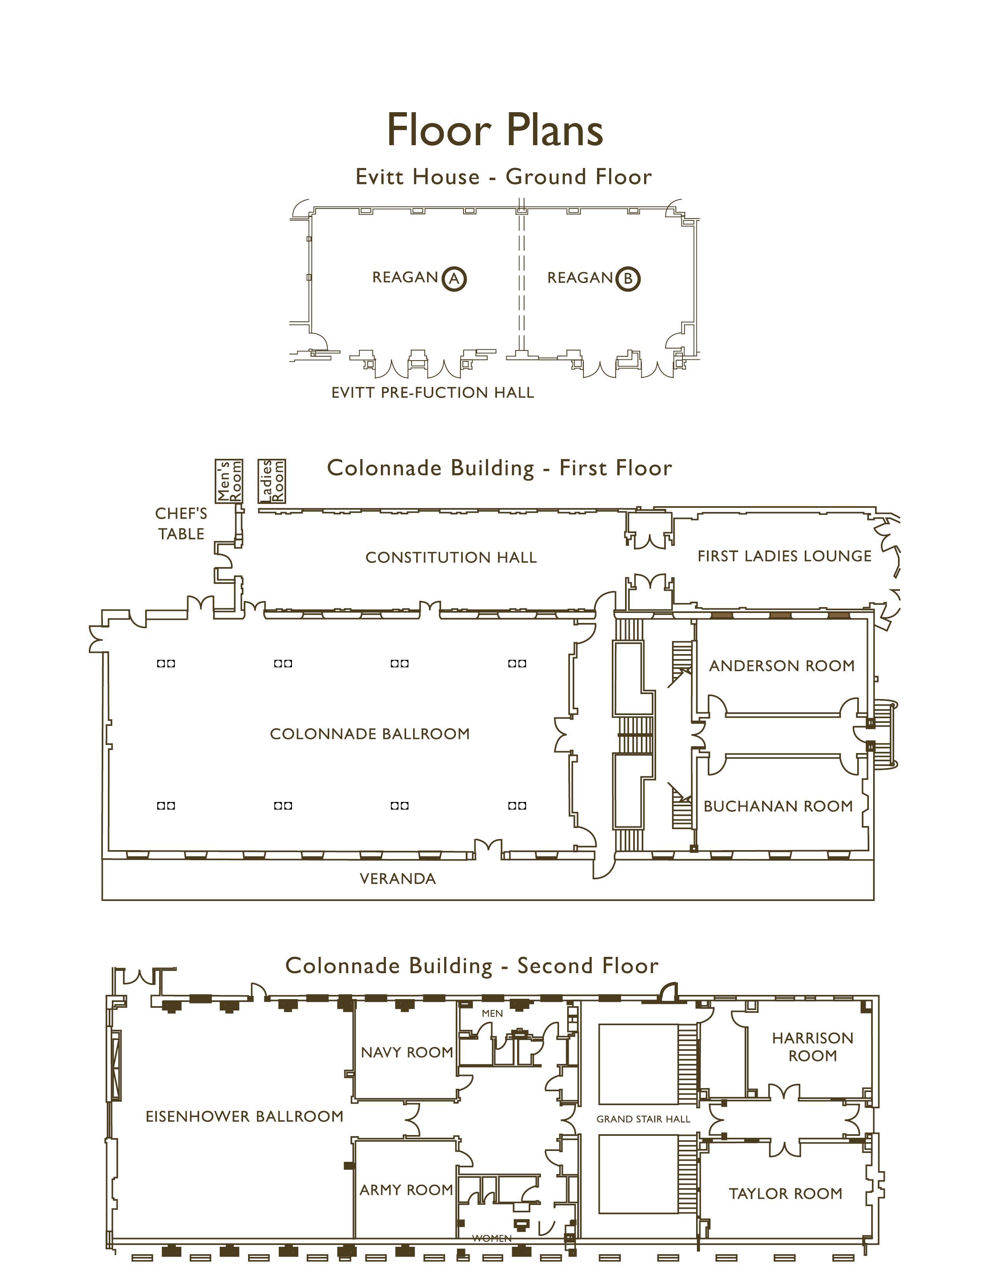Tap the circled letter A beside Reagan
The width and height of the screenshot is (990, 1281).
coord(453,279)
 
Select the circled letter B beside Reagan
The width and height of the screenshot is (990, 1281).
coord(627,279)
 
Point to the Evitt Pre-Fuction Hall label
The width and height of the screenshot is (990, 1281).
coord(432,392)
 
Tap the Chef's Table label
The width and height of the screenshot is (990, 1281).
coord(181,523)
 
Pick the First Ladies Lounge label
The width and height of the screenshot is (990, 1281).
coord(784,556)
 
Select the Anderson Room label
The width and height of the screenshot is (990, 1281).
coord(781,666)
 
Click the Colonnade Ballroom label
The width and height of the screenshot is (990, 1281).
coord(370,734)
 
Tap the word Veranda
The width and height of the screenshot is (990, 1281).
coord(398,878)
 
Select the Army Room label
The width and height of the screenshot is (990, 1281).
coord(406,1189)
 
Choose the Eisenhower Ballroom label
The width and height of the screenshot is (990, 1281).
coord(244,1116)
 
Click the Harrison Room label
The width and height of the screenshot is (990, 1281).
coord(812,1047)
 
